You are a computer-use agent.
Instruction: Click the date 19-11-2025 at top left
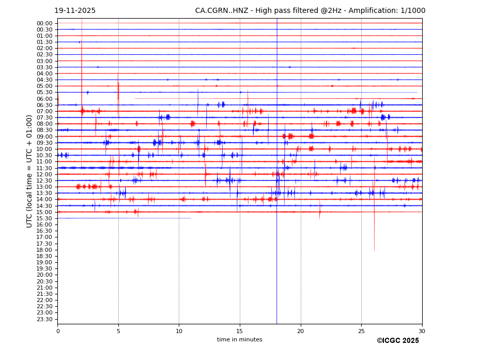click(75, 11)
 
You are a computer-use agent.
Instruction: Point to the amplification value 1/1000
click(411, 11)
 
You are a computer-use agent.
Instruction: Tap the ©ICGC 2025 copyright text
click(397, 341)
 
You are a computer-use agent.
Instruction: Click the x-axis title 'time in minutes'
click(239, 340)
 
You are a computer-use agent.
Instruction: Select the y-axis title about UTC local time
click(30, 171)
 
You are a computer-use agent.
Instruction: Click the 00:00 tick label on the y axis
click(44, 23)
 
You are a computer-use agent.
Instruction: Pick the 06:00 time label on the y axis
click(44, 99)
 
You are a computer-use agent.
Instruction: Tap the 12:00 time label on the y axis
click(44, 174)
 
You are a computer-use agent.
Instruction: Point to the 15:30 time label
click(44, 218)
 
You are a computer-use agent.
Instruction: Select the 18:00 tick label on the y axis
click(44, 250)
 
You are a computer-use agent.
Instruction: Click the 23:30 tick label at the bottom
click(44, 319)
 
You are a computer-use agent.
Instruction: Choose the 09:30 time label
click(44, 143)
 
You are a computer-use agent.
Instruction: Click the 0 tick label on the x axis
click(58, 331)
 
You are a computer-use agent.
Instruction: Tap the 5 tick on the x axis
click(118, 331)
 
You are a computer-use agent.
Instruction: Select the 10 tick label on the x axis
click(179, 331)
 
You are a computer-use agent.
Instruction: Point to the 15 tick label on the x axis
click(240, 331)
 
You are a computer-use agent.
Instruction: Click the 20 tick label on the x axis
click(301, 331)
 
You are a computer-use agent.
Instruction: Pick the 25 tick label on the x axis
click(361, 331)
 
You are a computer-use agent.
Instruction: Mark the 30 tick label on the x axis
click(422, 331)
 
